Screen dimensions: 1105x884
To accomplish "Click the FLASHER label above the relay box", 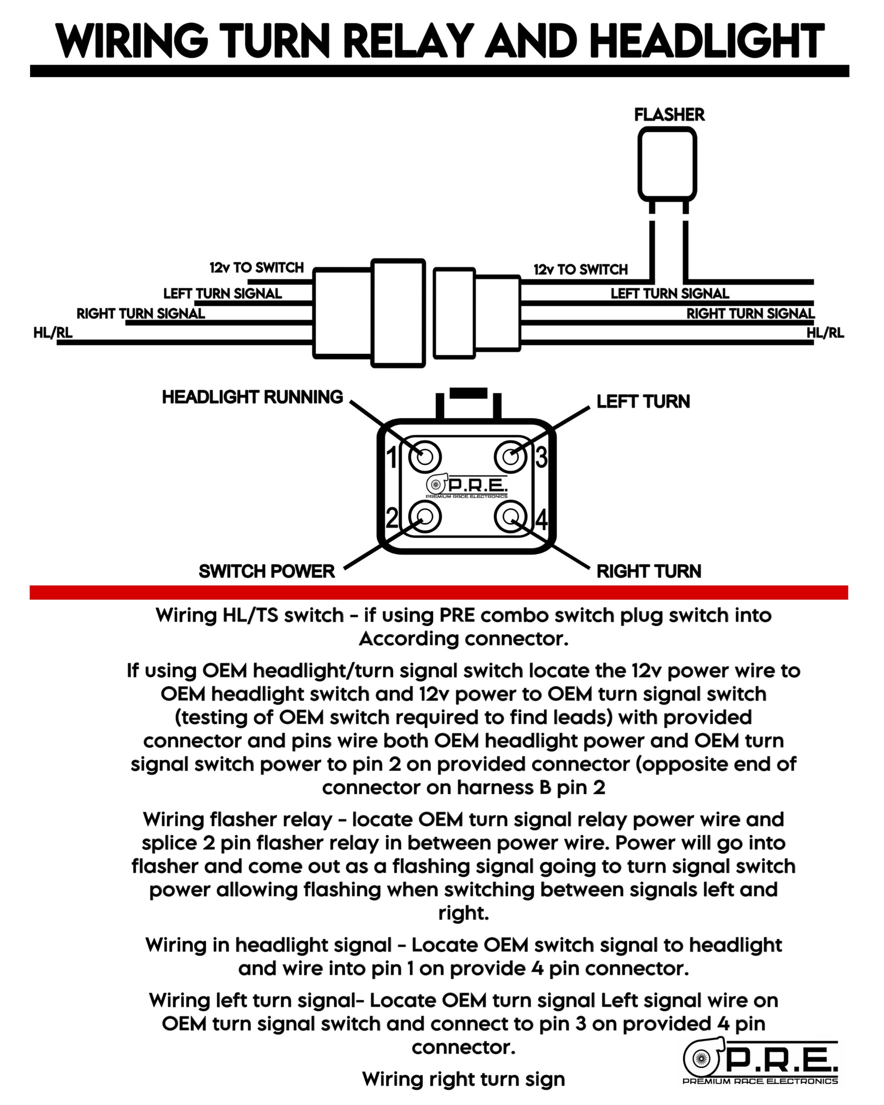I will pyautogui.click(x=669, y=114).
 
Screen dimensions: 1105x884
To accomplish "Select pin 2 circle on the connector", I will pyautogui.click(x=425, y=517).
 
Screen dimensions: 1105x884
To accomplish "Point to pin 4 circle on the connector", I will pyautogui.click(x=511, y=517).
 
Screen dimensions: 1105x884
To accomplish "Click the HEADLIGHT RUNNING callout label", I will pyautogui.click(x=252, y=397).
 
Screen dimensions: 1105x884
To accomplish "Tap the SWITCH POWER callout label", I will pyautogui.click(x=267, y=571).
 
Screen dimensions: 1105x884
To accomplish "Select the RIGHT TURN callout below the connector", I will pyautogui.click(x=649, y=571).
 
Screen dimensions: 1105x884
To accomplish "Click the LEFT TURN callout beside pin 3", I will pyautogui.click(x=643, y=401).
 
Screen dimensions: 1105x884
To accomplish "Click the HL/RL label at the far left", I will pyautogui.click(x=53, y=333).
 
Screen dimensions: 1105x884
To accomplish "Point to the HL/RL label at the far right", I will pyautogui.click(x=825, y=333).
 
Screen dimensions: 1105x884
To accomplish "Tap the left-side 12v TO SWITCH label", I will pyautogui.click(x=256, y=268).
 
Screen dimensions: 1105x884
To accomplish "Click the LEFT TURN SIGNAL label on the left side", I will pyautogui.click(x=223, y=294).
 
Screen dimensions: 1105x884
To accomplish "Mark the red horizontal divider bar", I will pyautogui.click(x=439, y=592).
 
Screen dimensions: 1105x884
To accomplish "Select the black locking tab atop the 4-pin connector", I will pyautogui.click(x=468, y=393).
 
